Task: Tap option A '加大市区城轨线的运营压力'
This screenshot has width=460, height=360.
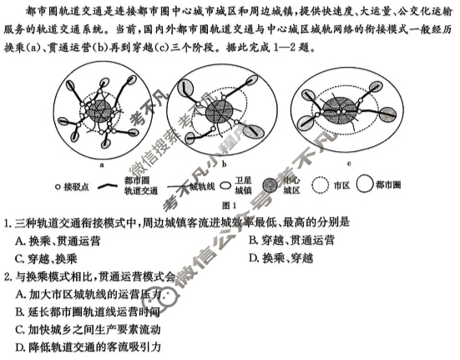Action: click(x=92, y=293)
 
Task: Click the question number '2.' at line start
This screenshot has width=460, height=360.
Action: click(x=8, y=276)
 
